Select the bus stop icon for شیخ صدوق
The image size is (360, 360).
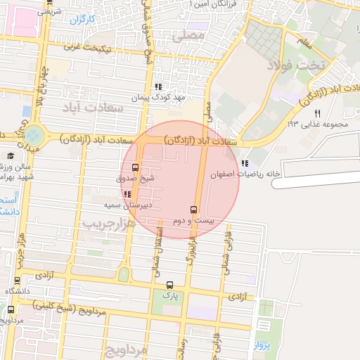[135, 168]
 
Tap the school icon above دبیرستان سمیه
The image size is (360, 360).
[127, 194]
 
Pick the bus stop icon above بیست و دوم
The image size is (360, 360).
[193, 210]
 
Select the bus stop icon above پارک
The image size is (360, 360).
[169, 285]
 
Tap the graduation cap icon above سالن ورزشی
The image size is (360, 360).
[11, 156]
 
